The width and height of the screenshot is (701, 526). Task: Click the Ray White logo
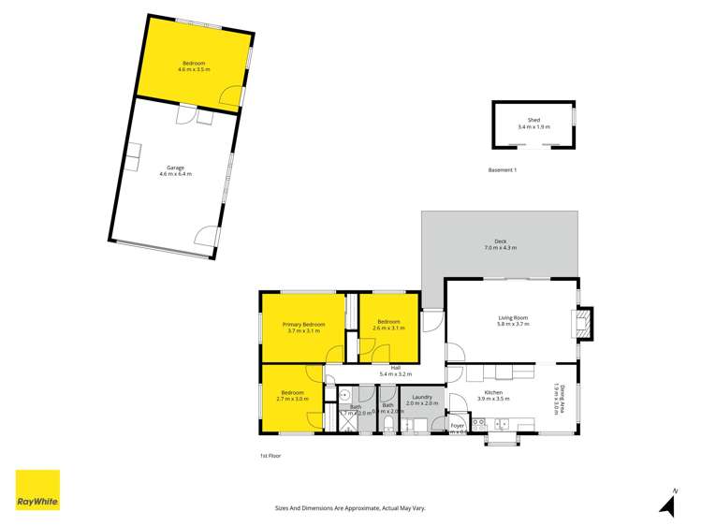pos(37,489)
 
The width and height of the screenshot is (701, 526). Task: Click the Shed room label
pos(533,120)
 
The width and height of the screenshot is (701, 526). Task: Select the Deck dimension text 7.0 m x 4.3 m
pos(500,248)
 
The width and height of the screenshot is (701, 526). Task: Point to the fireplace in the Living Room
pos(583,324)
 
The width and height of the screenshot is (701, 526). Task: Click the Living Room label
pos(513,318)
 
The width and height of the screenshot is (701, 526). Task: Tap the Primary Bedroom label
pos(303,324)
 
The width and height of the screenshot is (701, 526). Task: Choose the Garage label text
pos(175,168)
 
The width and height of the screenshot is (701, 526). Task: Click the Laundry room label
pos(420,398)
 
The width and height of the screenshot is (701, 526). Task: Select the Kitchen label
pos(493,392)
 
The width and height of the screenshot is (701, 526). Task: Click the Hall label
pos(396,367)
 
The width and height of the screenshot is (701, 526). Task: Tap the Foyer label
pos(458,426)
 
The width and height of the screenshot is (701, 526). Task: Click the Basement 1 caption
pos(503,169)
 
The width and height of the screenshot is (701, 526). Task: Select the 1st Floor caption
pos(270,456)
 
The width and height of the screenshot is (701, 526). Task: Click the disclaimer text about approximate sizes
pos(349,507)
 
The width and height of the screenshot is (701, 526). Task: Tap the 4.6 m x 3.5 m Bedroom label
pos(196,66)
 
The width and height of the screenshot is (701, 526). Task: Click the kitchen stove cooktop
pos(478,423)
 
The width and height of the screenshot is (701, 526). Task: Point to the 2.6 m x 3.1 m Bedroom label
pos(388,324)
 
